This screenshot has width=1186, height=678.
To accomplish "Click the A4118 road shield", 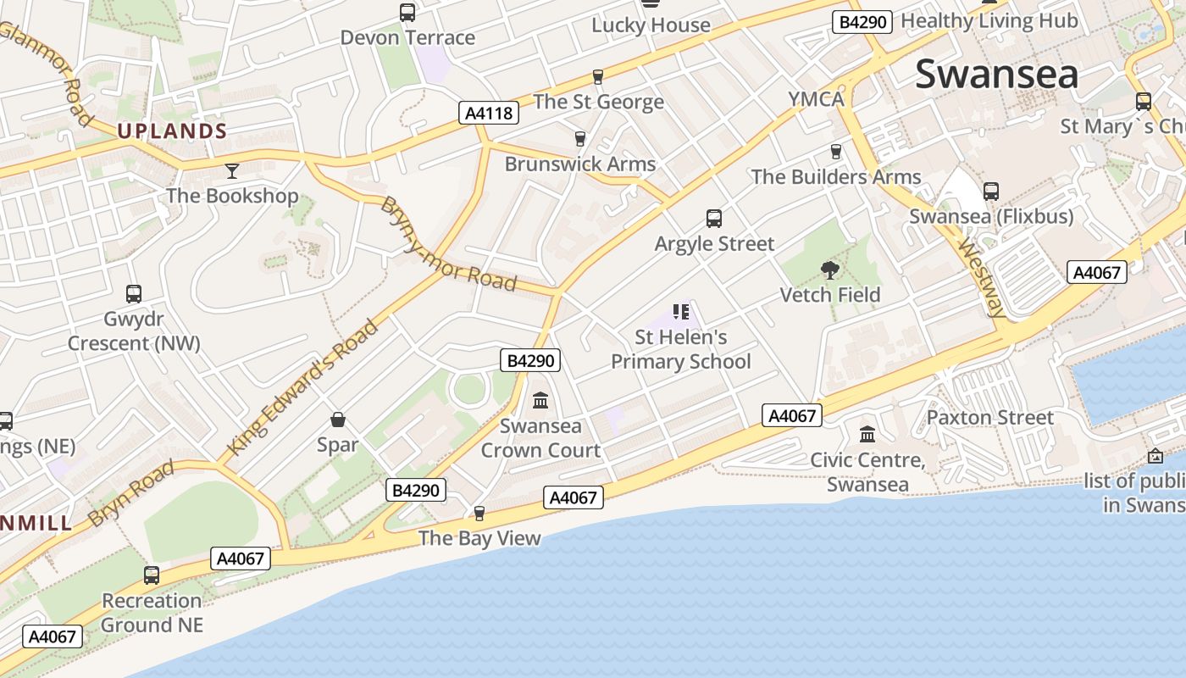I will [x=490, y=113].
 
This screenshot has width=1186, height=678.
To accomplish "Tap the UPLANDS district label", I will [x=172, y=131].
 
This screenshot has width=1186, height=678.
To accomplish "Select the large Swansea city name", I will [x=997, y=74].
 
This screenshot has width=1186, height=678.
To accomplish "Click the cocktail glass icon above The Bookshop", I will [x=232, y=171].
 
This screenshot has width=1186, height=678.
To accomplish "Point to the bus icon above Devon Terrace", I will [x=407, y=13].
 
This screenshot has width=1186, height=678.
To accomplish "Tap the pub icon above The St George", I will [x=598, y=77].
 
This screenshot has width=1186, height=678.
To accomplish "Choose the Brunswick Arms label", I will [x=580, y=164].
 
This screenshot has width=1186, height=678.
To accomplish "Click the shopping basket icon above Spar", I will [x=337, y=420].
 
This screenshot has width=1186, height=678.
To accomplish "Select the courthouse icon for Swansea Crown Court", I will [x=540, y=400].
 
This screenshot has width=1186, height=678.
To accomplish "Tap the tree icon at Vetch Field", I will [x=830, y=270].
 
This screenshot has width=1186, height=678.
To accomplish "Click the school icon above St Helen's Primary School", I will [x=681, y=312].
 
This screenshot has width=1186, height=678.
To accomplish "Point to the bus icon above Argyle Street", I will [x=714, y=219].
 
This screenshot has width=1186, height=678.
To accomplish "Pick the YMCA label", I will [x=817, y=99].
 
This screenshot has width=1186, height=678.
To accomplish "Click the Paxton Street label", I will [x=989, y=417].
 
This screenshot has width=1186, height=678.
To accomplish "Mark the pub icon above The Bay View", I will [x=479, y=513].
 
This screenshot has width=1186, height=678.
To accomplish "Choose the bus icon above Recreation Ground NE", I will [x=152, y=575].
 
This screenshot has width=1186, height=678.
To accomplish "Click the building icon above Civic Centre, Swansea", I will [x=867, y=435].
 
